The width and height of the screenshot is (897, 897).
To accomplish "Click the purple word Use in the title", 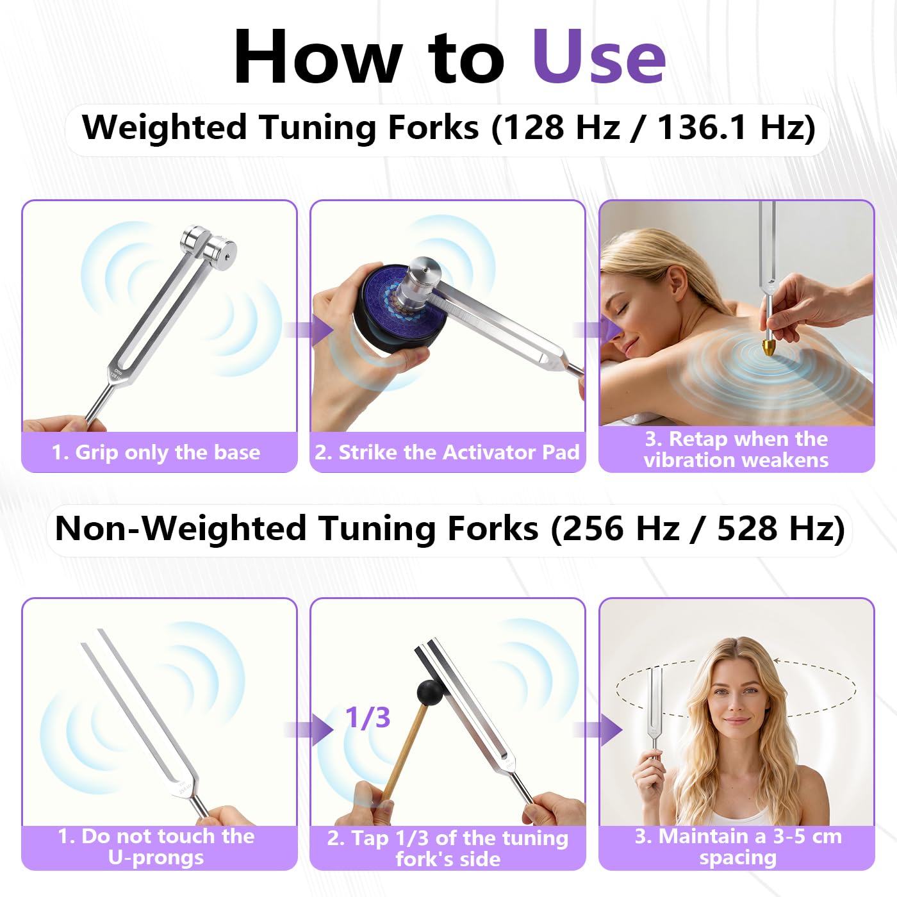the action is (598, 57).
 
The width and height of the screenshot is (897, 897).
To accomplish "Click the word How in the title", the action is (317, 57).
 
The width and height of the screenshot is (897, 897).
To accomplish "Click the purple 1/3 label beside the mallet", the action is (368, 718).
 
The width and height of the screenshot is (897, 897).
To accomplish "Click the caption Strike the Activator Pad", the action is (447, 452).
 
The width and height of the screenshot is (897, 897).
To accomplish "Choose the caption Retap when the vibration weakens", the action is (736, 449).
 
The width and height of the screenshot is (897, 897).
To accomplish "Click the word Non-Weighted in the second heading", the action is (181, 529).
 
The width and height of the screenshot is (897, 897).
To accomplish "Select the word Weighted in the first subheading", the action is (164, 127).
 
